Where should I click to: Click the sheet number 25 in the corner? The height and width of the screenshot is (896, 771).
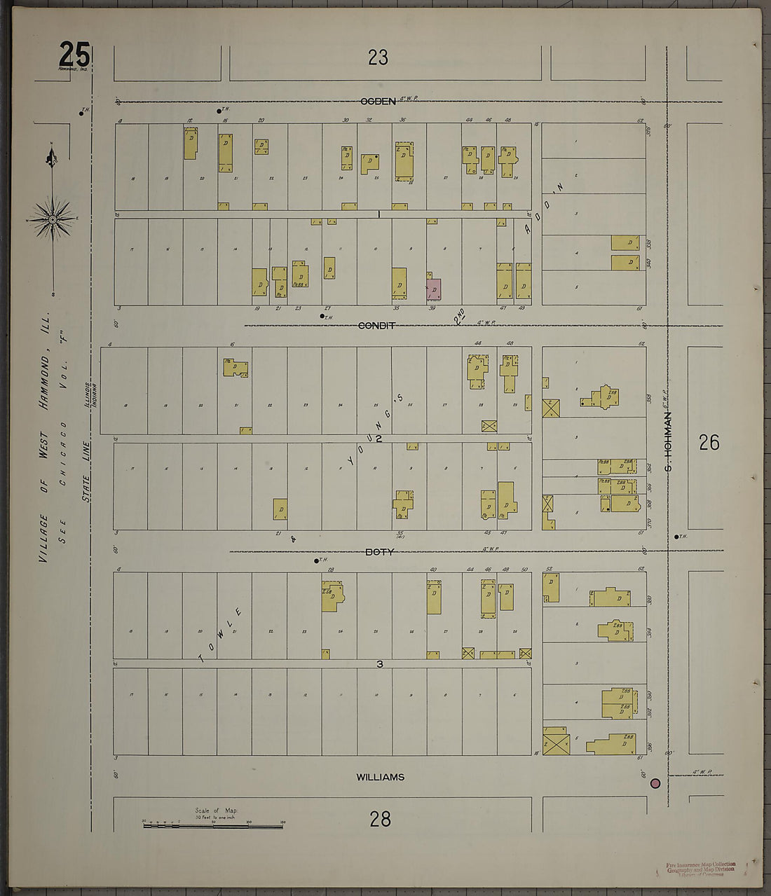tap(74, 53)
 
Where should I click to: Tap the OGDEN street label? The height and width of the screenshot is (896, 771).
tap(378, 102)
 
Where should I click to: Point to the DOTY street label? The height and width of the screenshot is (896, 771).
tap(379, 552)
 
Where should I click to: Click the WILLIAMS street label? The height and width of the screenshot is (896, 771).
tap(380, 777)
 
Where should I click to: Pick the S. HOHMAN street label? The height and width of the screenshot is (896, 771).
tap(668, 441)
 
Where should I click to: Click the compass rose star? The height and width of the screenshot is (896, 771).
tap(53, 219)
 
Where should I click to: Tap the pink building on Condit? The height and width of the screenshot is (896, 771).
tap(434, 289)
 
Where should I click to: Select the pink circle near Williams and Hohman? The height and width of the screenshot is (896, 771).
tap(656, 783)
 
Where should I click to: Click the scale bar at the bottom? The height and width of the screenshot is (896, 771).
tap(213, 826)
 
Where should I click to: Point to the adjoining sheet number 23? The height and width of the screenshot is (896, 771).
tap(378, 57)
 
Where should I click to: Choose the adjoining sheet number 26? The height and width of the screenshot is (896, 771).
tap(709, 442)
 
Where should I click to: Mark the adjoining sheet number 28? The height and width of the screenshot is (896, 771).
tap(380, 818)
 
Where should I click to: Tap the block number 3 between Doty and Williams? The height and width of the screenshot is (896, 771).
tap(379, 663)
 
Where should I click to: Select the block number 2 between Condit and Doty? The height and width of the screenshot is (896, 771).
tap(378, 439)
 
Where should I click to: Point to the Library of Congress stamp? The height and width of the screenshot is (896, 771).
tap(700, 869)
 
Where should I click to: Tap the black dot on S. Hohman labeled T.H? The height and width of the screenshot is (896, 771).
tap(676, 537)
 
